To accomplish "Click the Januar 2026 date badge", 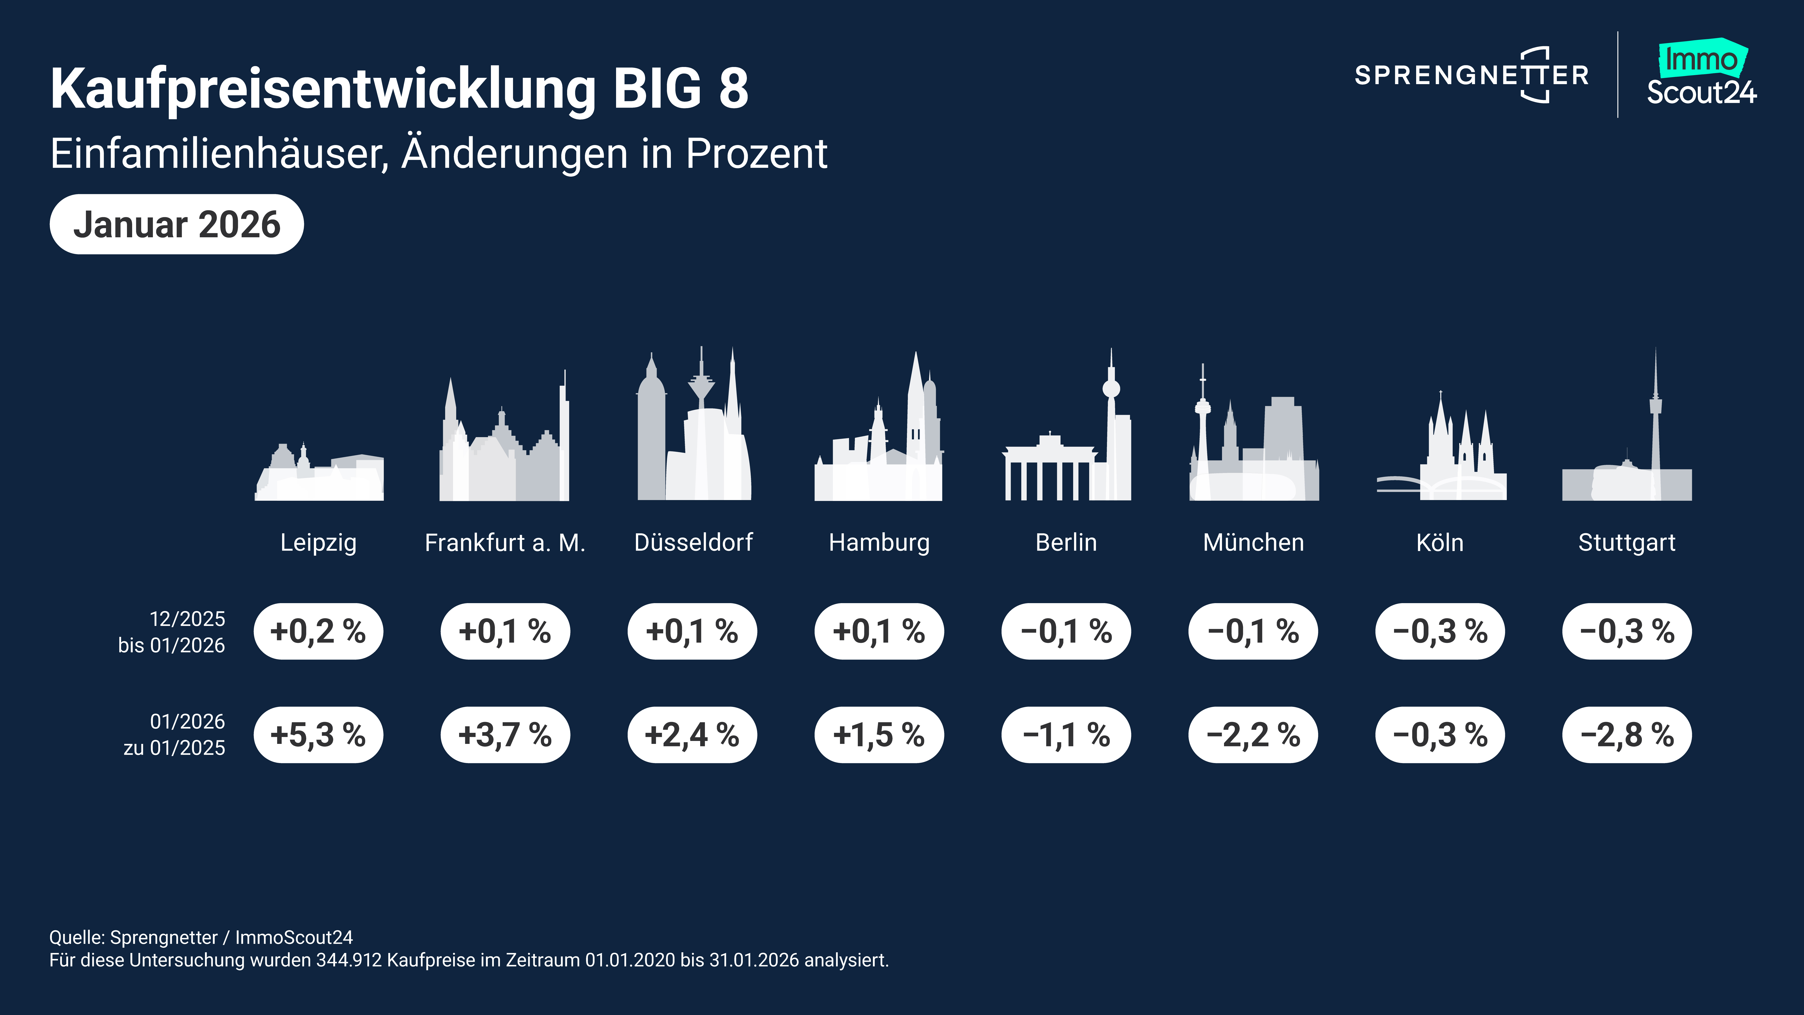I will (177, 224).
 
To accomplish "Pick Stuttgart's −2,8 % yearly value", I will (1626, 735).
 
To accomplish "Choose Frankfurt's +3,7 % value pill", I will (505, 735).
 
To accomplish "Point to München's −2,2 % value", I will (1253, 735).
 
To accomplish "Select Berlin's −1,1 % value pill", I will (1066, 735).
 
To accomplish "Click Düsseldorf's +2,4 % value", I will (692, 735).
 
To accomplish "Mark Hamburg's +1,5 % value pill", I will (879, 735).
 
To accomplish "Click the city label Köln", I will (1440, 542).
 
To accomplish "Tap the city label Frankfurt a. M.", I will (505, 542).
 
